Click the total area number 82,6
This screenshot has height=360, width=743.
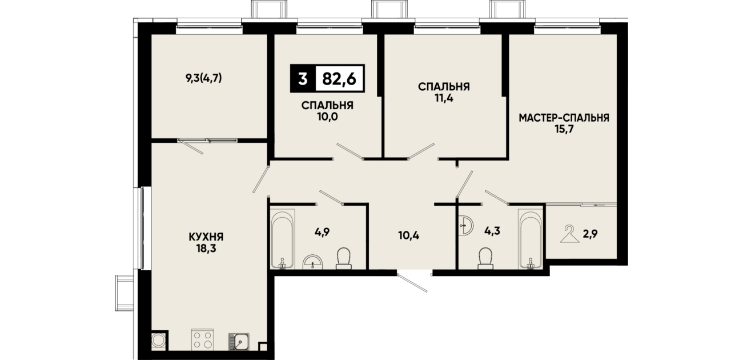pyautogui.click(x=339, y=79)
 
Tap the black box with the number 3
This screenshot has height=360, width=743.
pyautogui.click(x=303, y=79)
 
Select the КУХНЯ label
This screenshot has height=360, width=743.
pyautogui.click(x=206, y=237)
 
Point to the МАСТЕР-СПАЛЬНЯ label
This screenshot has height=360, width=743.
pyautogui.click(x=564, y=118)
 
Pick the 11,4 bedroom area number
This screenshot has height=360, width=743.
pyautogui.click(x=444, y=98)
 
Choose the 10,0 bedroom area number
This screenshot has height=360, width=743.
pyautogui.click(x=327, y=117)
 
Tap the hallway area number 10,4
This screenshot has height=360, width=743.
pyautogui.click(x=409, y=236)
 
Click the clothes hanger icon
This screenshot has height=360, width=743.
pyautogui.click(x=569, y=234)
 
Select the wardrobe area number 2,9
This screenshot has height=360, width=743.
pyautogui.click(x=591, y=234)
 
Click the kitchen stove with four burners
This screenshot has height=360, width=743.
pyautogui.click(x=202, y=339)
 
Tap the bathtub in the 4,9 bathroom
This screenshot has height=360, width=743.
pyautogui.click(x=282, y=238)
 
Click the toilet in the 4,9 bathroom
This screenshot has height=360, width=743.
pyautogui.click(x=344, y=258)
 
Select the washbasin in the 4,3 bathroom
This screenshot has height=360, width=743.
pyautogui.click(x=466, y=225)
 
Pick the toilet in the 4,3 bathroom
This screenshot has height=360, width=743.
pyautogui.click(x=485, y=258)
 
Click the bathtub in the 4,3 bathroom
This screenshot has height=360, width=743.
pyautogui.click(x=531, y=238)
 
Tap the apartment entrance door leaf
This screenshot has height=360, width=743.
pyautogui.click(x=413, y=283)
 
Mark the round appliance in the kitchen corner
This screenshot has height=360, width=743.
pyautogui.click(x=158, y=340)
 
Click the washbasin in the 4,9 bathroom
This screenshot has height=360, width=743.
pyautogui.click(x=313, y=262)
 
